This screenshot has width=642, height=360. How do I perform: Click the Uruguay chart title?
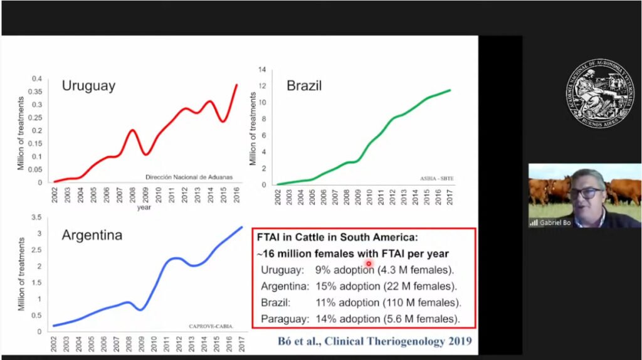(x=88, y=86)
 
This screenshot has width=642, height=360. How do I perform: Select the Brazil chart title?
(x=304, y=85)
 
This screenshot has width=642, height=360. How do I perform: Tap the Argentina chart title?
(x=92, y=236)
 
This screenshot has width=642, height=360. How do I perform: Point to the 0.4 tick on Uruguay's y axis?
(x=37, y=79)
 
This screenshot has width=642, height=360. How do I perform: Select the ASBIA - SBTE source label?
(x=437, y=179)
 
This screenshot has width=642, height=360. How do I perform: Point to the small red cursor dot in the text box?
(x=369, y=264)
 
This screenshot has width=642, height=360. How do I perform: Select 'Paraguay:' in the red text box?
(x=283, y=319)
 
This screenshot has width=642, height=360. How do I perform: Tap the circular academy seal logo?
(x=599, y=90)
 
